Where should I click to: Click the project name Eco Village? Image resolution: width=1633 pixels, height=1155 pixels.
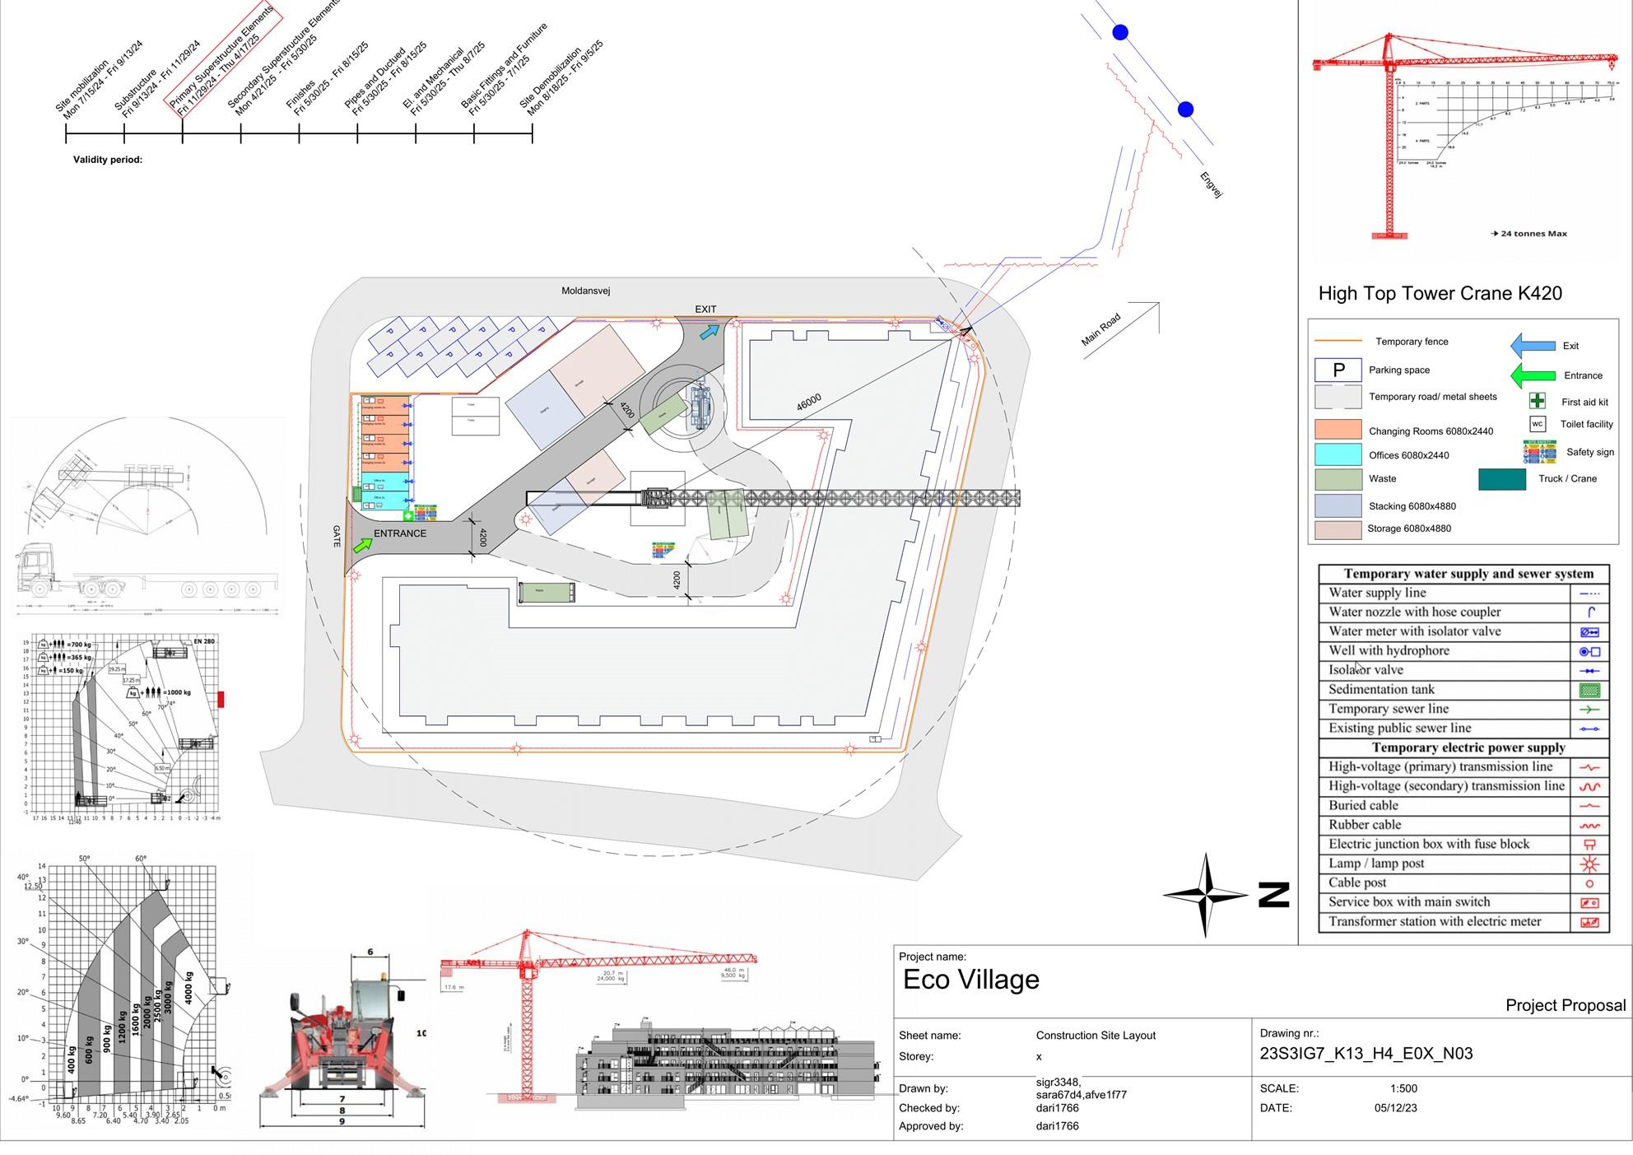tap(971, 980)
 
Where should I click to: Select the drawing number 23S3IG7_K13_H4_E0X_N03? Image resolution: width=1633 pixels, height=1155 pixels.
tap(1365, 1054)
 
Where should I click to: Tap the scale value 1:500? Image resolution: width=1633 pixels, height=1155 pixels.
tap(1403, 1088)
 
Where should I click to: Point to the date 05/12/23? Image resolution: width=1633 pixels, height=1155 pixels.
tap(1396, 1108)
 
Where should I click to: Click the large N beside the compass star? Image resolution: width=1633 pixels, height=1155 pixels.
tap(1273, 895)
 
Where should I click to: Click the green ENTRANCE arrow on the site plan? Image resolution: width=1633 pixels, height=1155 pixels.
tap(362, 544)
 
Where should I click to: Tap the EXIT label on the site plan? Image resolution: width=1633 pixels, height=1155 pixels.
tap(705, 310)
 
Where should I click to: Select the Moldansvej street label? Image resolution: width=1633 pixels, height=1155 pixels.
tap(585, 291)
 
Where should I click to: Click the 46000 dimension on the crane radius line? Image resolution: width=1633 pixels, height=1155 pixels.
tap(809, 402)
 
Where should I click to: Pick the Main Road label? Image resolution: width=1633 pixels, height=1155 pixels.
tap(1100, 329)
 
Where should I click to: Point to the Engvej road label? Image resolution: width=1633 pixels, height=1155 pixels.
tap(1211, 184)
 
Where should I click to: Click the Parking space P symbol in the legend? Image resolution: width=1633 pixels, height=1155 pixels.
tap(1338, 370)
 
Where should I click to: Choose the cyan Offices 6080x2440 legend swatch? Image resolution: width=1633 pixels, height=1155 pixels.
tap(1338, 454)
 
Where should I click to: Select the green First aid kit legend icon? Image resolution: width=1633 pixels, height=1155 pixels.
tap(1537, 401)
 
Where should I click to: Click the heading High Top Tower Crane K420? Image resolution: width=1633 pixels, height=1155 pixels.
tap(1440, 294)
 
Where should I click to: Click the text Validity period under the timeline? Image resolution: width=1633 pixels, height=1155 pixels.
tap(108, 160)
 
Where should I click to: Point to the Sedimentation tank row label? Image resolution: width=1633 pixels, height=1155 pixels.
tap(1381, 690)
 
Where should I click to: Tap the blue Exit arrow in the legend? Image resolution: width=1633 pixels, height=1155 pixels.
tap(1533, 346)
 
